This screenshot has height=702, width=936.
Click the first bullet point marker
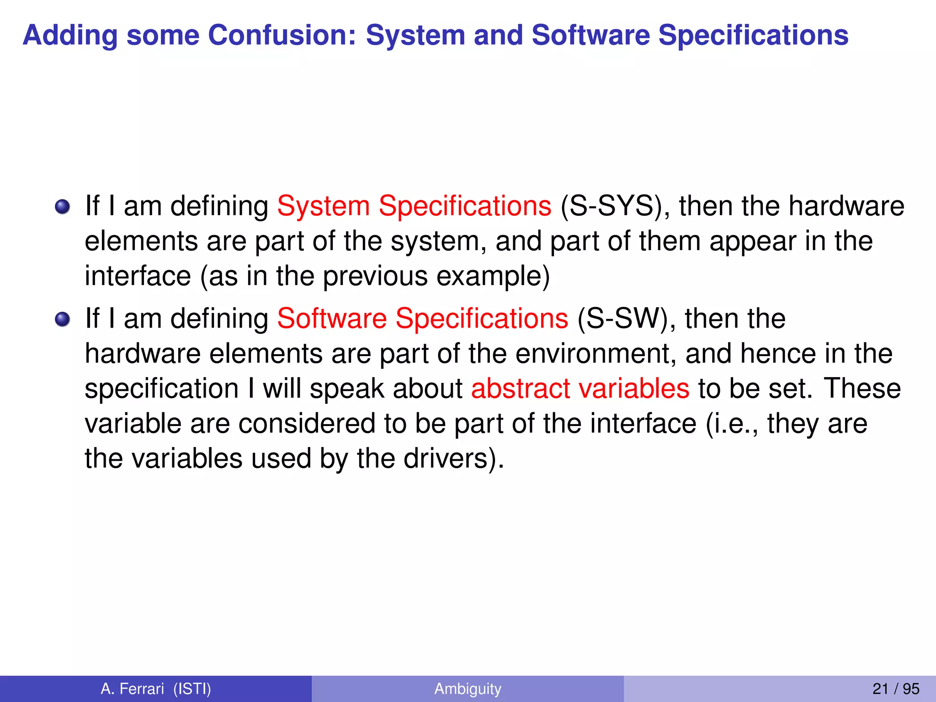63,207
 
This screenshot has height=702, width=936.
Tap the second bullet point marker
63,319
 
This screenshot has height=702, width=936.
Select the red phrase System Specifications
414,206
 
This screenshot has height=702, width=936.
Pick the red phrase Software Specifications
423,319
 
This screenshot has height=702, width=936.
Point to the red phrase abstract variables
580,388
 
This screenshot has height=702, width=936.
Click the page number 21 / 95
895,689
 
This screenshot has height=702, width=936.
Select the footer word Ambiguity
468,689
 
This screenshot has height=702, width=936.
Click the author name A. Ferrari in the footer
132,689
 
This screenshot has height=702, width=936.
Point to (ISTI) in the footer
192,689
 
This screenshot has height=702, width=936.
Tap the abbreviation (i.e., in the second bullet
732,424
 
